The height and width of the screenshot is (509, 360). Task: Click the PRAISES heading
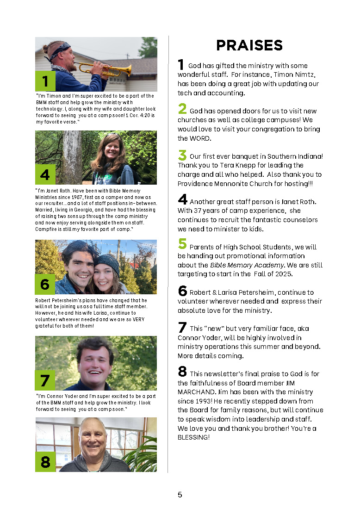[249, 45]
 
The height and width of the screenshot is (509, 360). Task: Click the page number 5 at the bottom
[180, 495]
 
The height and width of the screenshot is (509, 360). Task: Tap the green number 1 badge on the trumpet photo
[45, 81]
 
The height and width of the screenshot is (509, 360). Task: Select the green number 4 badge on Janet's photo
[45, 174]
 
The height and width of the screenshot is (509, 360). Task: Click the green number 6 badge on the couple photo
[45, 284]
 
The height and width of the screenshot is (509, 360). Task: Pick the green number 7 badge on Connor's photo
[45, 380]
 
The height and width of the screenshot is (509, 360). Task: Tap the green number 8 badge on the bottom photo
[45, 462]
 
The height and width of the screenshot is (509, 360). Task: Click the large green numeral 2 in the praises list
[182, 109]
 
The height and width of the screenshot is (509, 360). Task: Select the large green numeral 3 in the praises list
[182, 155]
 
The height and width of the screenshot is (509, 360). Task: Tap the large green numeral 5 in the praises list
[182, 244]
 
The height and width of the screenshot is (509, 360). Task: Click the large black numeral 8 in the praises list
[182, 371]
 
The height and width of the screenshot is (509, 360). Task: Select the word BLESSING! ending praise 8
[193, 437]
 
